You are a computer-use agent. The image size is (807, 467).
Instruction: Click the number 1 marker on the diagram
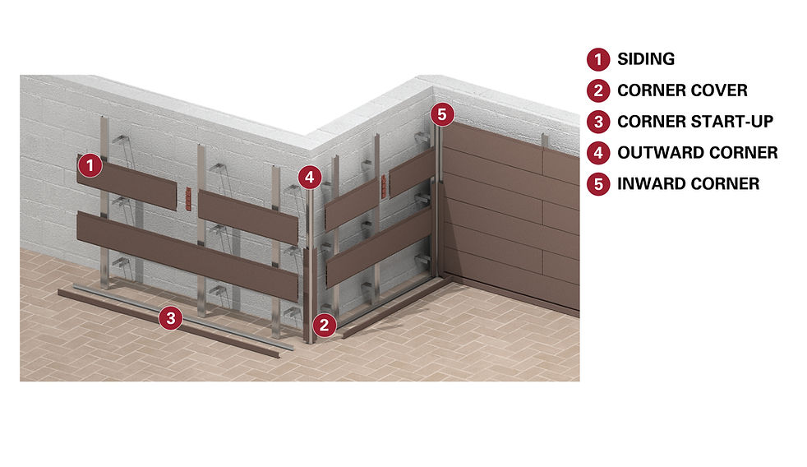(90, 166)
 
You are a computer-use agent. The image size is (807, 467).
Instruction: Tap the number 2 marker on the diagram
(325, 324)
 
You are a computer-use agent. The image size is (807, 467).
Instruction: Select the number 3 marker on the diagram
(170, 318)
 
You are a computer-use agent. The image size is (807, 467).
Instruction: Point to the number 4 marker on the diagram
(308, 176)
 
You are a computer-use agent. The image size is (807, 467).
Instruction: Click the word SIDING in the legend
(646, 59)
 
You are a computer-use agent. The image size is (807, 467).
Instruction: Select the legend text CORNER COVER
(682, 90)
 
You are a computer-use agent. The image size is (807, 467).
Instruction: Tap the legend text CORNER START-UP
(695, 122)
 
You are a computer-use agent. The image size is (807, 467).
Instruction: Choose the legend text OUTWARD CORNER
(697, 153)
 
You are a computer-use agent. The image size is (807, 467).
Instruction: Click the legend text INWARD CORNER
(688, 184)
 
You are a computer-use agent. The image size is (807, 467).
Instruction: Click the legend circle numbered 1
(597, 59)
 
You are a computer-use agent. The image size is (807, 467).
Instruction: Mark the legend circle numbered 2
(597, 90)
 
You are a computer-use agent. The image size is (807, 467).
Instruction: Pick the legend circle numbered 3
(597, 122)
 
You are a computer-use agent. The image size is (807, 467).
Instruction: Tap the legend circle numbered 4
(597, 153)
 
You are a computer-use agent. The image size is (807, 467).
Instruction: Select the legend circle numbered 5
(597, 184)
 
